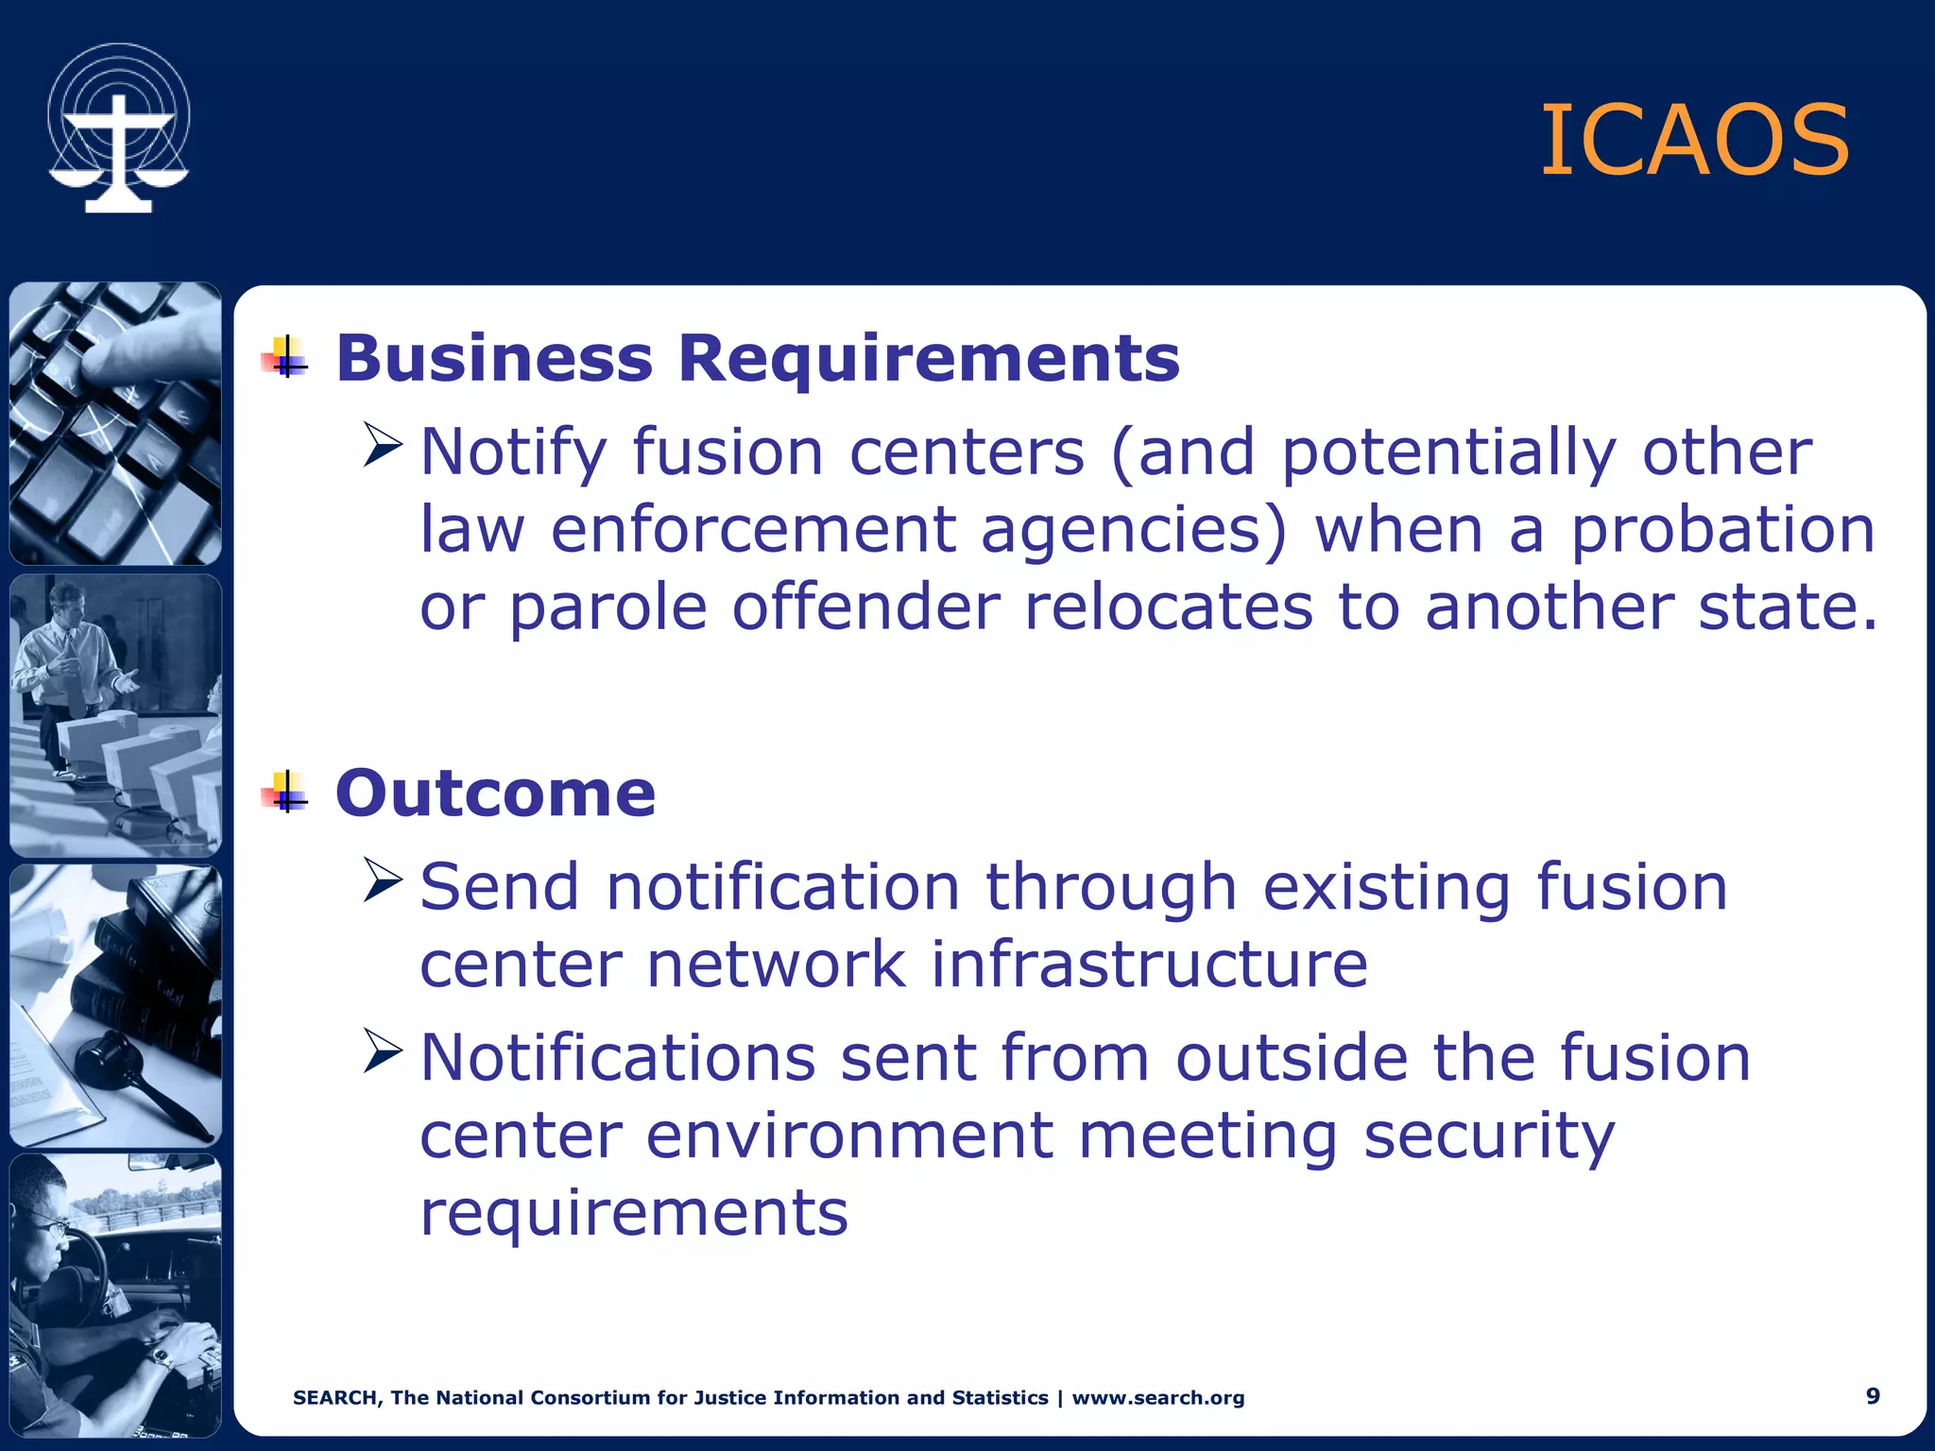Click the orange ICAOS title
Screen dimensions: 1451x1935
1694,142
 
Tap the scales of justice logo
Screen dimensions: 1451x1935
119,129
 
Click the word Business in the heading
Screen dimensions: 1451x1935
494,359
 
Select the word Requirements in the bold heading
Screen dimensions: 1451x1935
929,359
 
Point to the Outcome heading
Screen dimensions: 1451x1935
495,794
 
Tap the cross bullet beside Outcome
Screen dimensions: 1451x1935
286,793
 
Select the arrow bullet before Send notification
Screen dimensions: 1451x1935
384,880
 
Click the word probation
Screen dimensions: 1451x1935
1722,531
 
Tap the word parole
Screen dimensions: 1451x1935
608,606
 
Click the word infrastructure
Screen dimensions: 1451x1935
1149,964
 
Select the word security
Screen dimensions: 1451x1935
1489,1136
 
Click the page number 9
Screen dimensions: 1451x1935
1873,1396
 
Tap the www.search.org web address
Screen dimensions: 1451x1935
1158,1398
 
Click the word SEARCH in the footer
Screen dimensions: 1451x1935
337,1398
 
